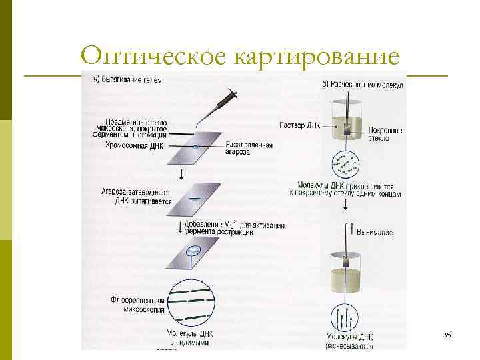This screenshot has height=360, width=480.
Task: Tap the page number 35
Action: click(x=446, y=333)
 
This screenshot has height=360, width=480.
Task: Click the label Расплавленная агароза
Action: click(x=249, y=148)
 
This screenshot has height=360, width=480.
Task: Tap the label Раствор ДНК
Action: click(x=295, y=124)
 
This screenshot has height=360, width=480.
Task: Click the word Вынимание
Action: click(x=374, y=232)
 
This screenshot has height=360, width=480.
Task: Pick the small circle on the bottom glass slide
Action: click(x=193, y=251)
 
